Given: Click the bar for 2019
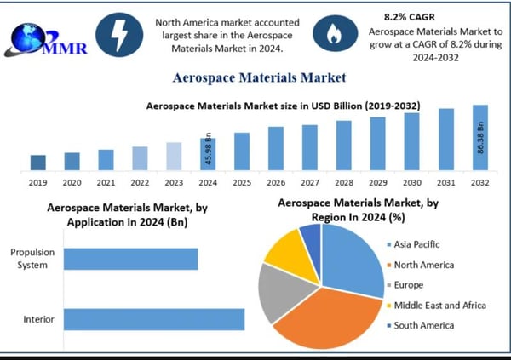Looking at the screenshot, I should coord(37,162).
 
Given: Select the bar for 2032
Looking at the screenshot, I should coord(479,137).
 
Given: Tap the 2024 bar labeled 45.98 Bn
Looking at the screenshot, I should coord(208,153).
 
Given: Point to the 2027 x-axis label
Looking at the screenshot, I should coord(309,182).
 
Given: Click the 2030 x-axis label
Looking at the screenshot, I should coord(411,182).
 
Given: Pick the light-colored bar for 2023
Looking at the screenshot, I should coord(174,156).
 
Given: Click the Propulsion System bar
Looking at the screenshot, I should coord(130,259).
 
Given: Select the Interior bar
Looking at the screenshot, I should coord(154,319).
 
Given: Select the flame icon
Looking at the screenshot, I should coord(330,33).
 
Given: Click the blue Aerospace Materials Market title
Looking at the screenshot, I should coord(259,77).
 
